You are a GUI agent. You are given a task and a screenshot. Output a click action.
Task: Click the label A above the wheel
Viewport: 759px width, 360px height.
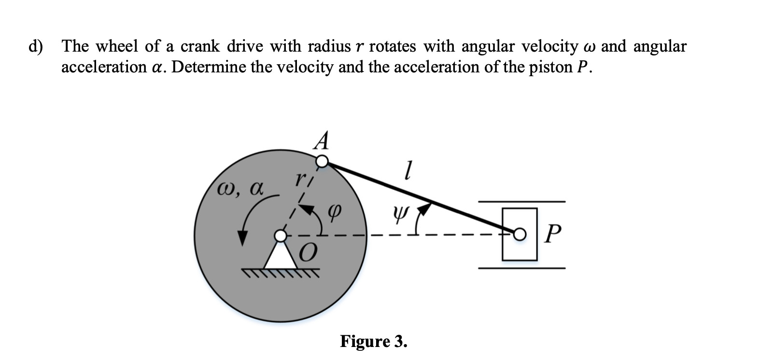point(323,141)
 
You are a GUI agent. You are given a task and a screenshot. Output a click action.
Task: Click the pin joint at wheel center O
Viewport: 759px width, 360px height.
point(281,235)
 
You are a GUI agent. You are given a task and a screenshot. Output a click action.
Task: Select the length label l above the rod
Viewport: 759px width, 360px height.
point(408,170)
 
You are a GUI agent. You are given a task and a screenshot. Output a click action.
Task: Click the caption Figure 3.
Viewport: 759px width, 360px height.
point(373,341)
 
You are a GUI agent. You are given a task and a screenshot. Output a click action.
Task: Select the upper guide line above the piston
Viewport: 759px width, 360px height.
point(521,201)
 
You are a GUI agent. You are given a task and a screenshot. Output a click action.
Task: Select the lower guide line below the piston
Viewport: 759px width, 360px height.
point(521,268)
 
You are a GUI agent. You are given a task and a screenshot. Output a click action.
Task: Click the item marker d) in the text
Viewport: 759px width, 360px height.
point(35,47)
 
